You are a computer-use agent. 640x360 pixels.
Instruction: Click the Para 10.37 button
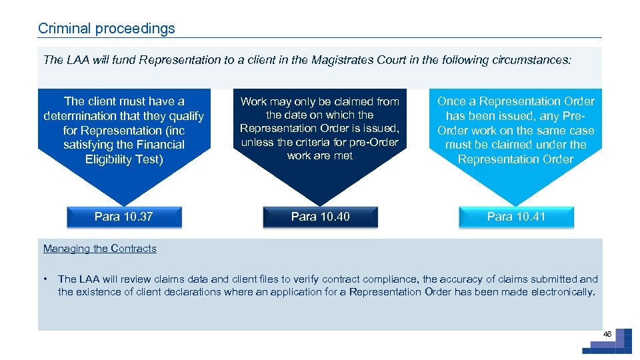tap(123, 217)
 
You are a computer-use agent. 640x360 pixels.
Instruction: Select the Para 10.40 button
tap(320, 217)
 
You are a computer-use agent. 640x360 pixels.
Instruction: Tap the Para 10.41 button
tap(516, 217)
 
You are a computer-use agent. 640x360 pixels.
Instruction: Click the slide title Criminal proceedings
tap(107, 29)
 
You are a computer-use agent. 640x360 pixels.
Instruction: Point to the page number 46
tap(607, 333)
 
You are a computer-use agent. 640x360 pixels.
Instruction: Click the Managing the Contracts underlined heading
tap(100, 249)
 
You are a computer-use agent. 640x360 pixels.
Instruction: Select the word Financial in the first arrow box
tap(159, 145)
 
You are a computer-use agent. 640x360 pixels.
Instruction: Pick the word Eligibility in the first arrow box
tap(111, 159)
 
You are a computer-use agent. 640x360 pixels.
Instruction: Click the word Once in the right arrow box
tap(451, 101)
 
